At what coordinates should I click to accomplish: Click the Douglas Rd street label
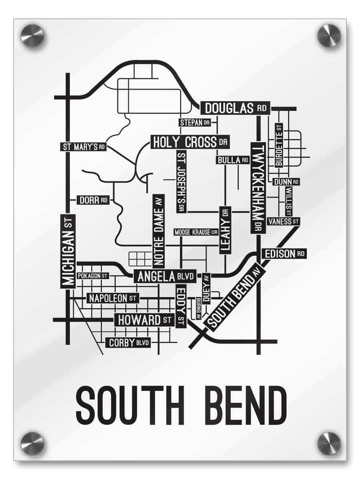(x=235, y=108)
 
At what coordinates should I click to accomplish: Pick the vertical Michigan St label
(x=68, y=251)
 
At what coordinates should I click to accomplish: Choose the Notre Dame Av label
(x=158, y=231)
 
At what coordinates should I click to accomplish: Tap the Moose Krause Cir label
(x=196, y=232)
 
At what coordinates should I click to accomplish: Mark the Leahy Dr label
(x=225, y=230)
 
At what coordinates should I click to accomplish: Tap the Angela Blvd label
(x=165, y=276)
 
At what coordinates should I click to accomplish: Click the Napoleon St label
(x=112, y=298)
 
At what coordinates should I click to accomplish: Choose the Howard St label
(x=144, y=320)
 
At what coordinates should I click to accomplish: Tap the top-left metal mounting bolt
(x=32, y=35)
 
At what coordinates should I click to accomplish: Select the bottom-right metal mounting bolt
(x=329, y=443)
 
